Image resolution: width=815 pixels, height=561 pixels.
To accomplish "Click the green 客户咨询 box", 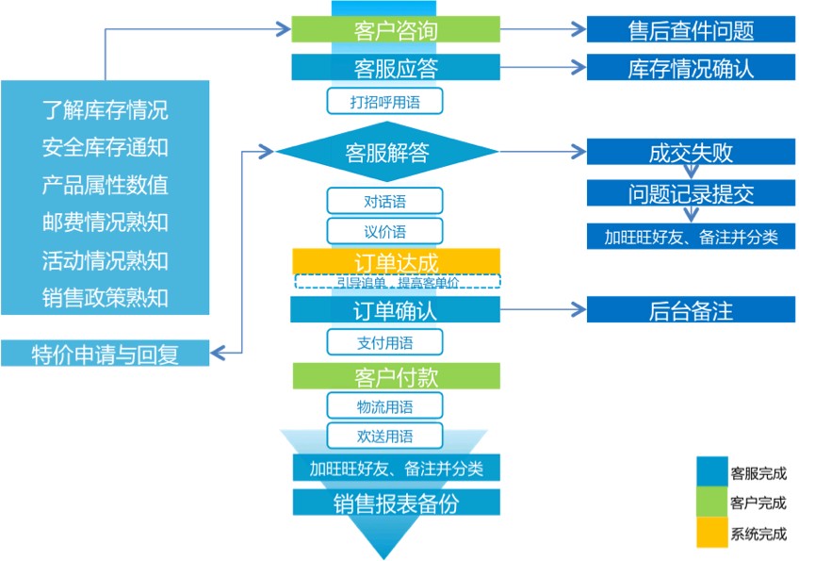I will point(395,30).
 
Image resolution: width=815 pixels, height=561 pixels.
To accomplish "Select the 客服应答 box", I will point(395,68).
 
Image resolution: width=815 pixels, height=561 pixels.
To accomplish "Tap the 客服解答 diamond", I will point(385,152).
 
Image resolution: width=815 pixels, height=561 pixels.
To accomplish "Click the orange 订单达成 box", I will point(395,260).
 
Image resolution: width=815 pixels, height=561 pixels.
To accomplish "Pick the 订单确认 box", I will point(395,309).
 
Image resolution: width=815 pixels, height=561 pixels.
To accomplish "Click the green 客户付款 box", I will point(395,376).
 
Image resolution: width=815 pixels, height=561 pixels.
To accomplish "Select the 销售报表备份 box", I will point(395,503).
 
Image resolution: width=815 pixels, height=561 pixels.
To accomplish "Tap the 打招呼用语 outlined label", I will point(384,100).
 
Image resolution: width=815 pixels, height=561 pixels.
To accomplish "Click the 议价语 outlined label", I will point(384,231).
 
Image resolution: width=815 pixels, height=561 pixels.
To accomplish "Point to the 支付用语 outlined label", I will point(384,342).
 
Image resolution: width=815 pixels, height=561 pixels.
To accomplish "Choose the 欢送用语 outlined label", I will point(384,436).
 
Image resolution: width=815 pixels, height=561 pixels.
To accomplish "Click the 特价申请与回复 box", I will point(105,354).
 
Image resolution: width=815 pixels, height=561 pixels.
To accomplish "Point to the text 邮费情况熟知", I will point(105,223).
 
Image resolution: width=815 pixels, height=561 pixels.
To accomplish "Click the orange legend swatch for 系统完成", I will point(711,533).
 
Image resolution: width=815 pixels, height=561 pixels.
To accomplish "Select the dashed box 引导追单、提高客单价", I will point(397,281).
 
